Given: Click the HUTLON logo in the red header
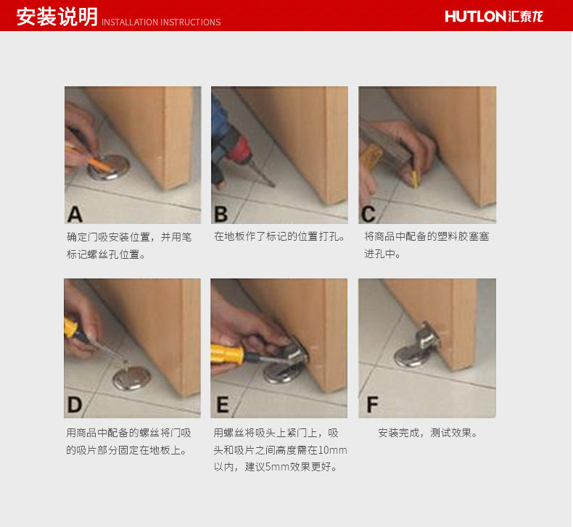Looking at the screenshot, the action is click(x=494, y=17).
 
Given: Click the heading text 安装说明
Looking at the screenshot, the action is click(x=57, y=17).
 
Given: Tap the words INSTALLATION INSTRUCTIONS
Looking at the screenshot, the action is click(x=161, y=22).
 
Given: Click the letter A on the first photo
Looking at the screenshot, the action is click(x=75, y=215).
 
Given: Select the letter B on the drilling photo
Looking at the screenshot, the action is click(x=221, y=215).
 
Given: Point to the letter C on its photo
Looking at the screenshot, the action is click(x=368, y=215).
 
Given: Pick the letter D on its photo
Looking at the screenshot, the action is click(x=75, y=404).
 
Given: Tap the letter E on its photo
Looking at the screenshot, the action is click(x=223, y=404).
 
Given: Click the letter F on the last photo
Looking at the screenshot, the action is click(x=372, y=404).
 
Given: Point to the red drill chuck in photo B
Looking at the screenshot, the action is click(x=242, y=149).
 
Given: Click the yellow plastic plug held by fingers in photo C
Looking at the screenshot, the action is click(x=415, y=178).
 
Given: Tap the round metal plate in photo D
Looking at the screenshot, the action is click(x=131, y=378).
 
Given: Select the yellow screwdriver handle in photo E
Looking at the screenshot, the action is click(x=227, y=353).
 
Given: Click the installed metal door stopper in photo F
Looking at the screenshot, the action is click(x=417, y=345).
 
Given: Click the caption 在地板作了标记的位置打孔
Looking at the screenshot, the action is click(x=279, y=236).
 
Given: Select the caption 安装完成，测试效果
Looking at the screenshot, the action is click(x=428, y=433).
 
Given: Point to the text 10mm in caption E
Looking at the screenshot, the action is click(x=332, y=450).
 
